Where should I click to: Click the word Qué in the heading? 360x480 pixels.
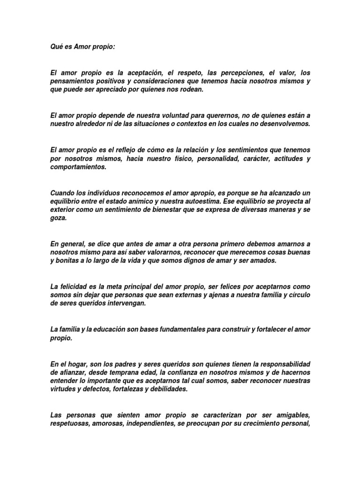pyautogui.click(x=56, y=47)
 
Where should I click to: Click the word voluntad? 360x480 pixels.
pyautogui.click(x=148, y=116)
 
